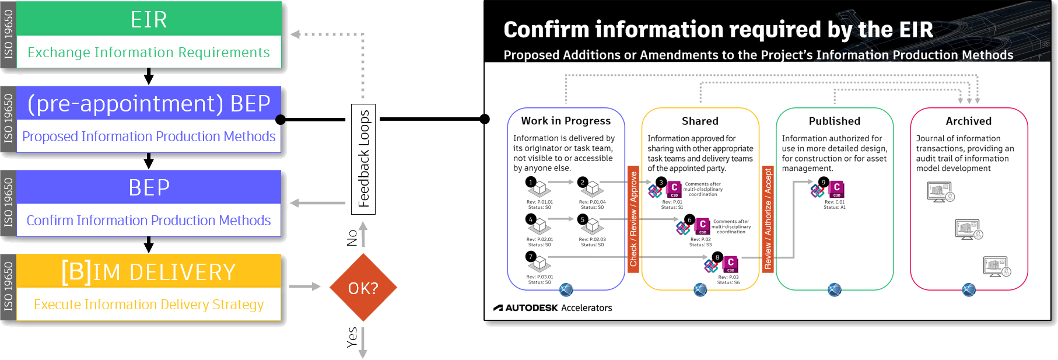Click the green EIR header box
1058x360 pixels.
149,19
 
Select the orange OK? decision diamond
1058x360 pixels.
363,288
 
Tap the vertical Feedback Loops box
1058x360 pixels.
363,159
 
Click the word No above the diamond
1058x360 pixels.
352,238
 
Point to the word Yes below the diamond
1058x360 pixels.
352,337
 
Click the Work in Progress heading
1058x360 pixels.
566,121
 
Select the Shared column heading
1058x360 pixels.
700,121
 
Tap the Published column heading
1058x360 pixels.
834,121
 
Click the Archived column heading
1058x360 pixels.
968,121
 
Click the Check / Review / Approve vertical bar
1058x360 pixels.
633,219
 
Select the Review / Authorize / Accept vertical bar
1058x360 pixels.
768,219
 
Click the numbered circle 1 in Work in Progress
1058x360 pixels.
531,182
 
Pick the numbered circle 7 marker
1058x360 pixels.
531,257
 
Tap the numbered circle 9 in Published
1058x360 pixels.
824,182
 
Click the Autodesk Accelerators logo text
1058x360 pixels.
553,307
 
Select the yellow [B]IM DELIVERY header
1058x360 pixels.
149,272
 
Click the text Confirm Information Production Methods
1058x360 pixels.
149,221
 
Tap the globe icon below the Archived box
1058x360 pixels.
969,289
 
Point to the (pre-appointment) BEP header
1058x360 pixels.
149,103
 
